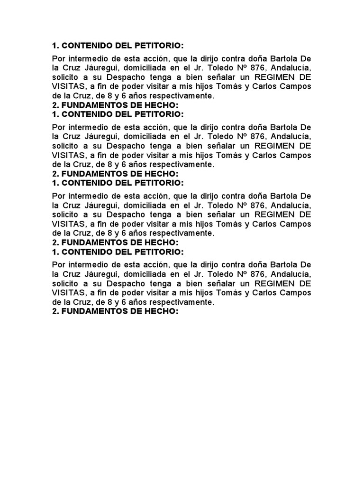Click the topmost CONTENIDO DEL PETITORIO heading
tap(117, 46)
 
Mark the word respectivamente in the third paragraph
tap(179, 233)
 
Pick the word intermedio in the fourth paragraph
tap(86, 265)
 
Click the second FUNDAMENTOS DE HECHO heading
tap(115, 174)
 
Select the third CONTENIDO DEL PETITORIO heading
tap(117, 183)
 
